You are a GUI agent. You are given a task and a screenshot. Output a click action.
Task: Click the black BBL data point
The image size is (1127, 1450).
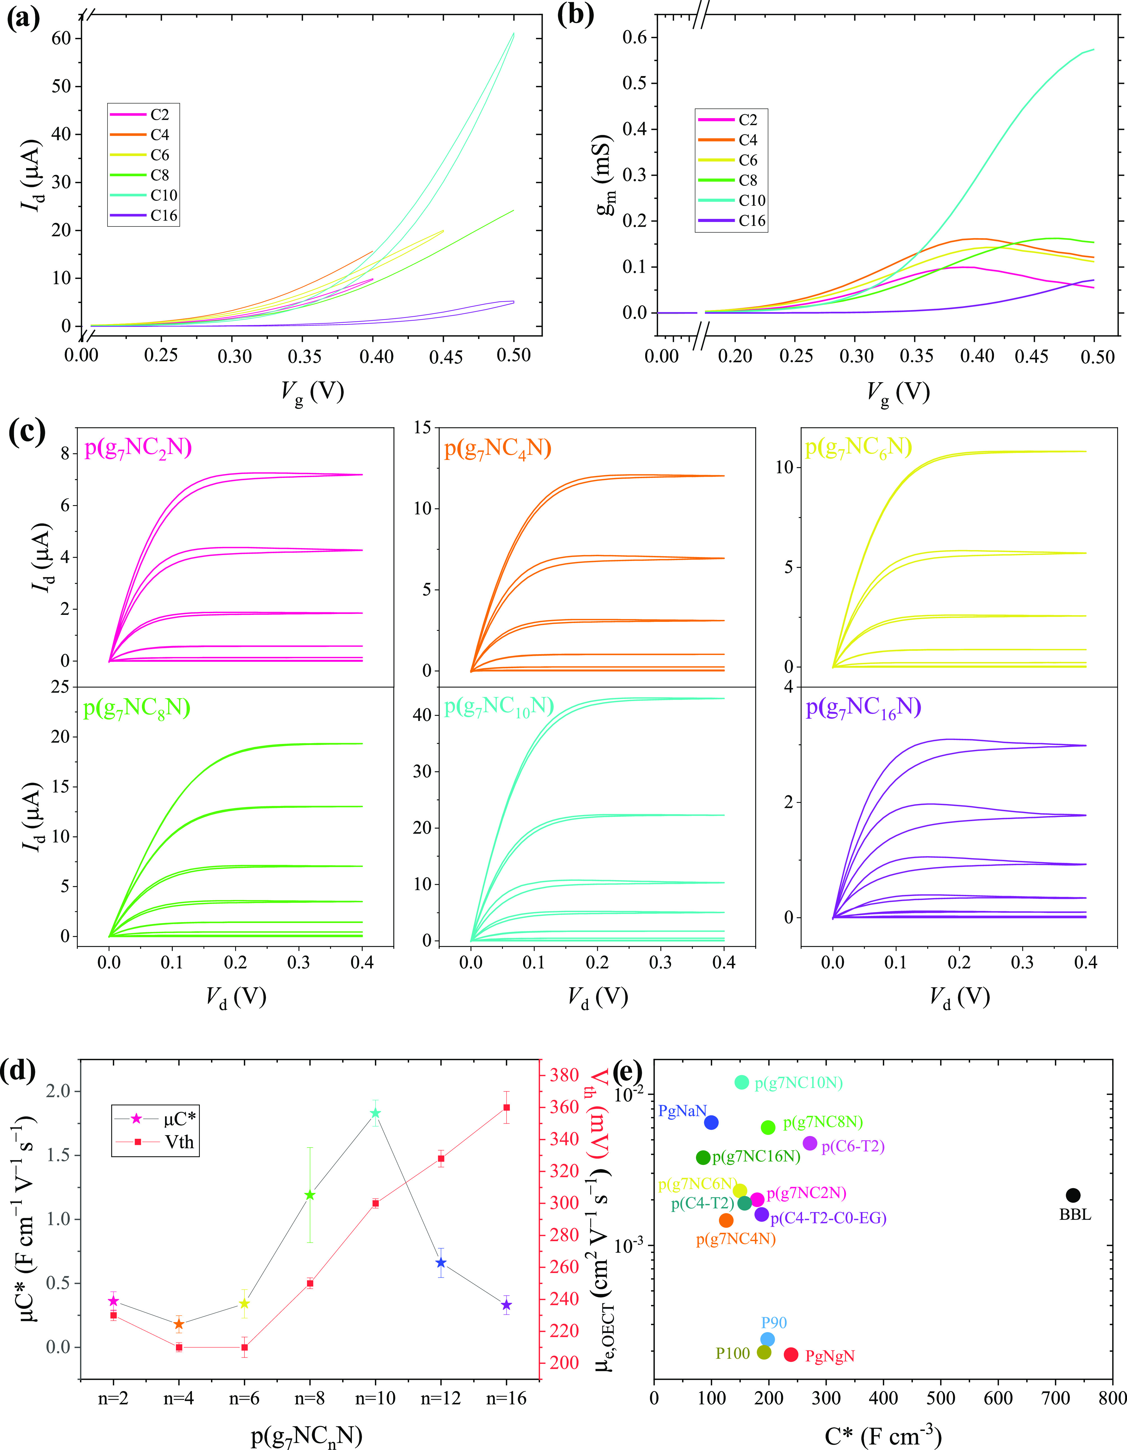1073,1195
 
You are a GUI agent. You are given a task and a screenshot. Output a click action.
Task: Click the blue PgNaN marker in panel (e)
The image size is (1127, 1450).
711,1122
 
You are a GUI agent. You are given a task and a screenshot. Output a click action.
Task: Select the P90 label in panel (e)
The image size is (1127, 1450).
774,1323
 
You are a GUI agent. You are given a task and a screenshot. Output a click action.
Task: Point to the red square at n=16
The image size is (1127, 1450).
507,1107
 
